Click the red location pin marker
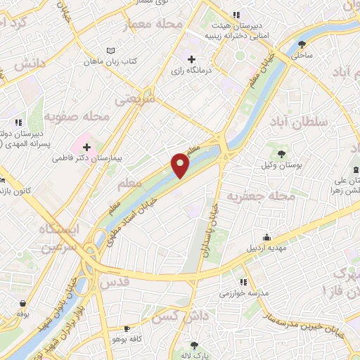(x=181, y=165)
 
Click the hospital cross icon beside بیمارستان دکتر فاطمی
(x=86, y=147)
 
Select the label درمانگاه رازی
(x=191, y=71)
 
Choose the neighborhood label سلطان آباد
(x=299, y=122)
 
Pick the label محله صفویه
(x=77, y=115)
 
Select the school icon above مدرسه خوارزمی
(x=243, y=281)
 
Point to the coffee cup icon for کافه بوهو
(x=127, y=328)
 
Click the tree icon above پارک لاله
(x=194, y=345)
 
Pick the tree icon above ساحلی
(x=302, y=43)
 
